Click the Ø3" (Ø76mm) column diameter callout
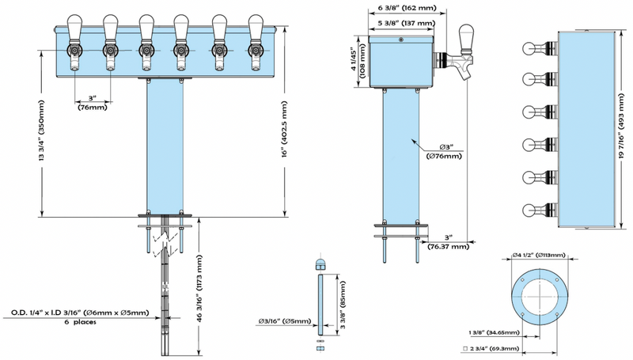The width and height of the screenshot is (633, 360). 444,151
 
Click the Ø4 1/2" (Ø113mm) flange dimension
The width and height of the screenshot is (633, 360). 538,255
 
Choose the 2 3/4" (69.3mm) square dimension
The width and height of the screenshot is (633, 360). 491,348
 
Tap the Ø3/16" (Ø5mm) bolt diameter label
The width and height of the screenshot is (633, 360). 284,321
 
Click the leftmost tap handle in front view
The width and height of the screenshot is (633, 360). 74,28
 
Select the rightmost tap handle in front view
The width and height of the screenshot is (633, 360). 256,28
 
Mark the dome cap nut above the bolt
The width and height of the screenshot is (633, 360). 320,263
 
